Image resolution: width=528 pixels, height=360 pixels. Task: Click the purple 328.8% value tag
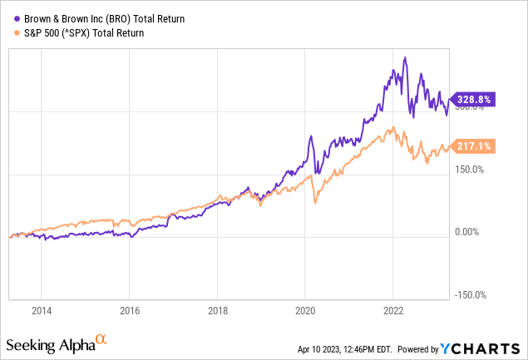pyautogui.click(x=472, y=100)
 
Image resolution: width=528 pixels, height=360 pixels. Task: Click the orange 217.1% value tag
pyautogui.click(x=472, y=146)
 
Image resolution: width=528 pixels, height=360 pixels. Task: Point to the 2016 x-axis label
pyautogui.click(x=129, y=310)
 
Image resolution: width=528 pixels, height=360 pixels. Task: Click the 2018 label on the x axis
pyautogui.click(x=217, y=310)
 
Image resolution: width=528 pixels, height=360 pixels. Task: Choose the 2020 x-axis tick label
pyautogui.click(x=304, y=310)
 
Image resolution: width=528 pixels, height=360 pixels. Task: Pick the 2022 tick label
pyautogui.click(x=392, y=310)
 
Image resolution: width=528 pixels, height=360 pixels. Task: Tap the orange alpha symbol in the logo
pyautogui.click(x=101, y=339)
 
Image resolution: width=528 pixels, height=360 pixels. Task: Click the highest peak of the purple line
pyautogui.click(x=404, y=57)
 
